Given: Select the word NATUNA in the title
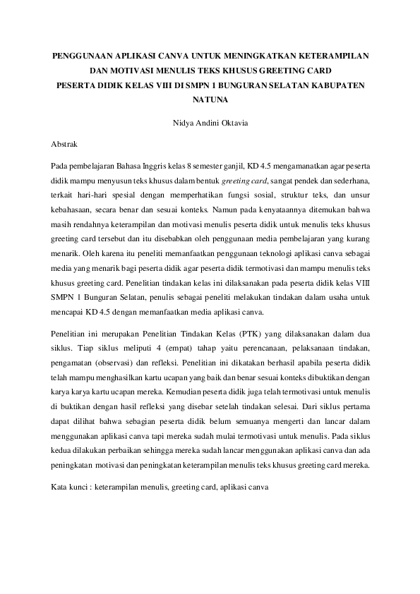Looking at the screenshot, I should pyautogui.click(x=210, y=99).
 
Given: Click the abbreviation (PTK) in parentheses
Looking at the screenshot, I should pyautogui.click(x=221, y=333).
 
